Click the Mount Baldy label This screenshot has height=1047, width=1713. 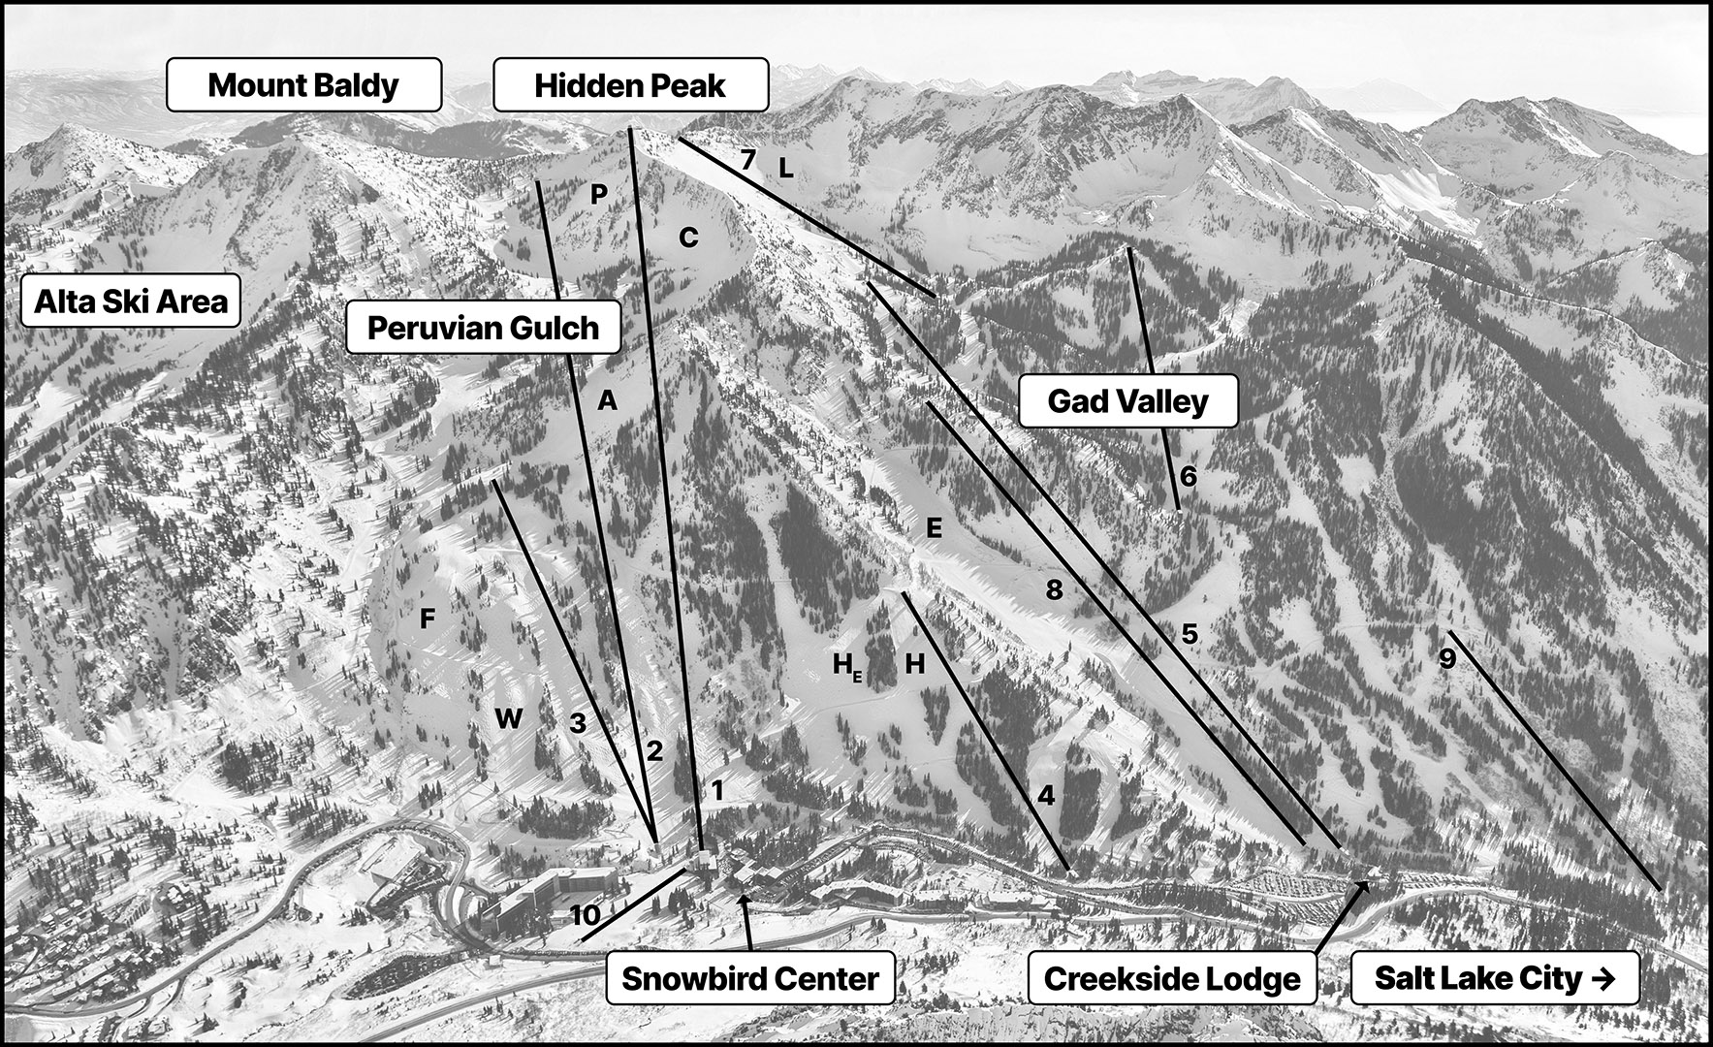click(304, 84)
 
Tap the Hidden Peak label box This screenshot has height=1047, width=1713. click(630, 84)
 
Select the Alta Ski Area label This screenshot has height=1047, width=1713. click(131, 301)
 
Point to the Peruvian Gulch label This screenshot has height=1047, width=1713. click(483, 327)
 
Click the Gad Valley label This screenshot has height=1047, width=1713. click(1128, 400)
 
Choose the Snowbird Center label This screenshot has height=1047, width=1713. click(750, 978)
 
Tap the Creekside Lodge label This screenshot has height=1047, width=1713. click(1172, 978)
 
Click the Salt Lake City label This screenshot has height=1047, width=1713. click(1495, 978)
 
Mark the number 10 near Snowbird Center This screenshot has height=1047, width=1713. click(587, 915)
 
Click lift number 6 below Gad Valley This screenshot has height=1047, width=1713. click(1189, 477)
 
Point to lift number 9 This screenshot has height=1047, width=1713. click(1447, 659)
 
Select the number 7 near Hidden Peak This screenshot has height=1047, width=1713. click(747, 160)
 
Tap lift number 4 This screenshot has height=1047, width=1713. click(1046, 796)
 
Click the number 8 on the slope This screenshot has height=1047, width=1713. click(1054, 588)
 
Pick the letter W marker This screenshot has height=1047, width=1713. click(509, 718)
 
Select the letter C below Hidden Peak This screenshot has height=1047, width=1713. click(688, 238)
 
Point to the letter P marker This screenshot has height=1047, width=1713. click(599, 195)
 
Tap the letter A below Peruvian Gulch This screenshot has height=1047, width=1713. click(607, 399)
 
